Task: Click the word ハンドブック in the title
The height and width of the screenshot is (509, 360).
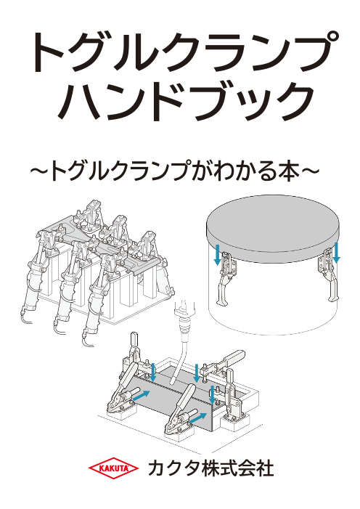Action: click(x=187, y=101)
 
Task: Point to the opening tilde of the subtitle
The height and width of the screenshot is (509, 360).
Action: click(x=39, y=171)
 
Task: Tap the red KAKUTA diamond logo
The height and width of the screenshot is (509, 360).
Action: click(x=114, y=468)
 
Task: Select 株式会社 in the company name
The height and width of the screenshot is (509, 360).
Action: click(x=237, y=469)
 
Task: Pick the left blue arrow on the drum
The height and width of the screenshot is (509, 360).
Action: click(x=218, y=254)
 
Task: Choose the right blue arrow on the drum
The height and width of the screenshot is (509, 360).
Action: click(x=337, y=252)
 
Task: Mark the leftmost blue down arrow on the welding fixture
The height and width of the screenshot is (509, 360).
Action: click(x=153, y=372)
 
